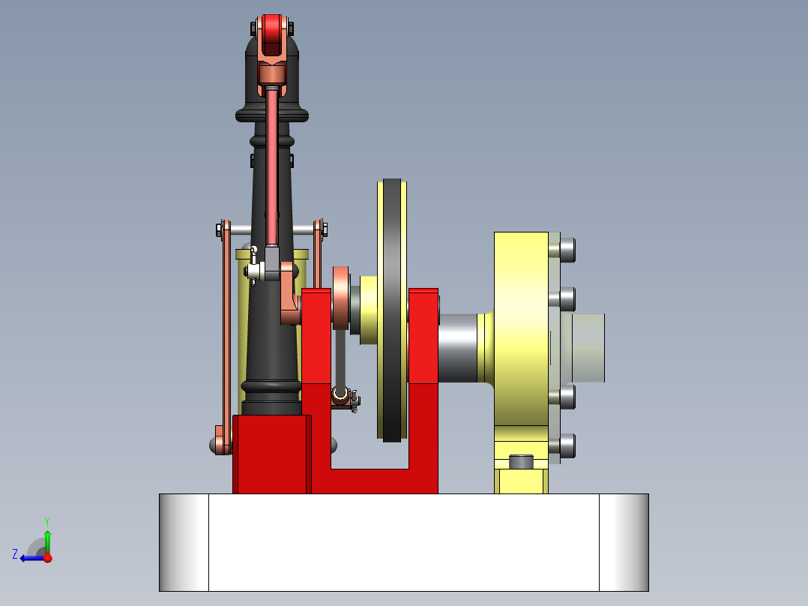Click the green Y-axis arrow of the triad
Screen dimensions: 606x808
pos(47,538)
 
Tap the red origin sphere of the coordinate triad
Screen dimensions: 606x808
pos(47,558)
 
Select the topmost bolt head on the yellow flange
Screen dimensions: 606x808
pos(567,250)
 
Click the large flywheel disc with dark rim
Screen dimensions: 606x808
pos(393,310)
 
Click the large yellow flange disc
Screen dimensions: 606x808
pos(520,330)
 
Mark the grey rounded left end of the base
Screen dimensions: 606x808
pos(183,542)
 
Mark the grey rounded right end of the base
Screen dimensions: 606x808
pos(624,542)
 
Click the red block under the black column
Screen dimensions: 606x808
pos(271,454)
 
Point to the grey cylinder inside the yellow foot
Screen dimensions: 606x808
pos(521,461)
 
